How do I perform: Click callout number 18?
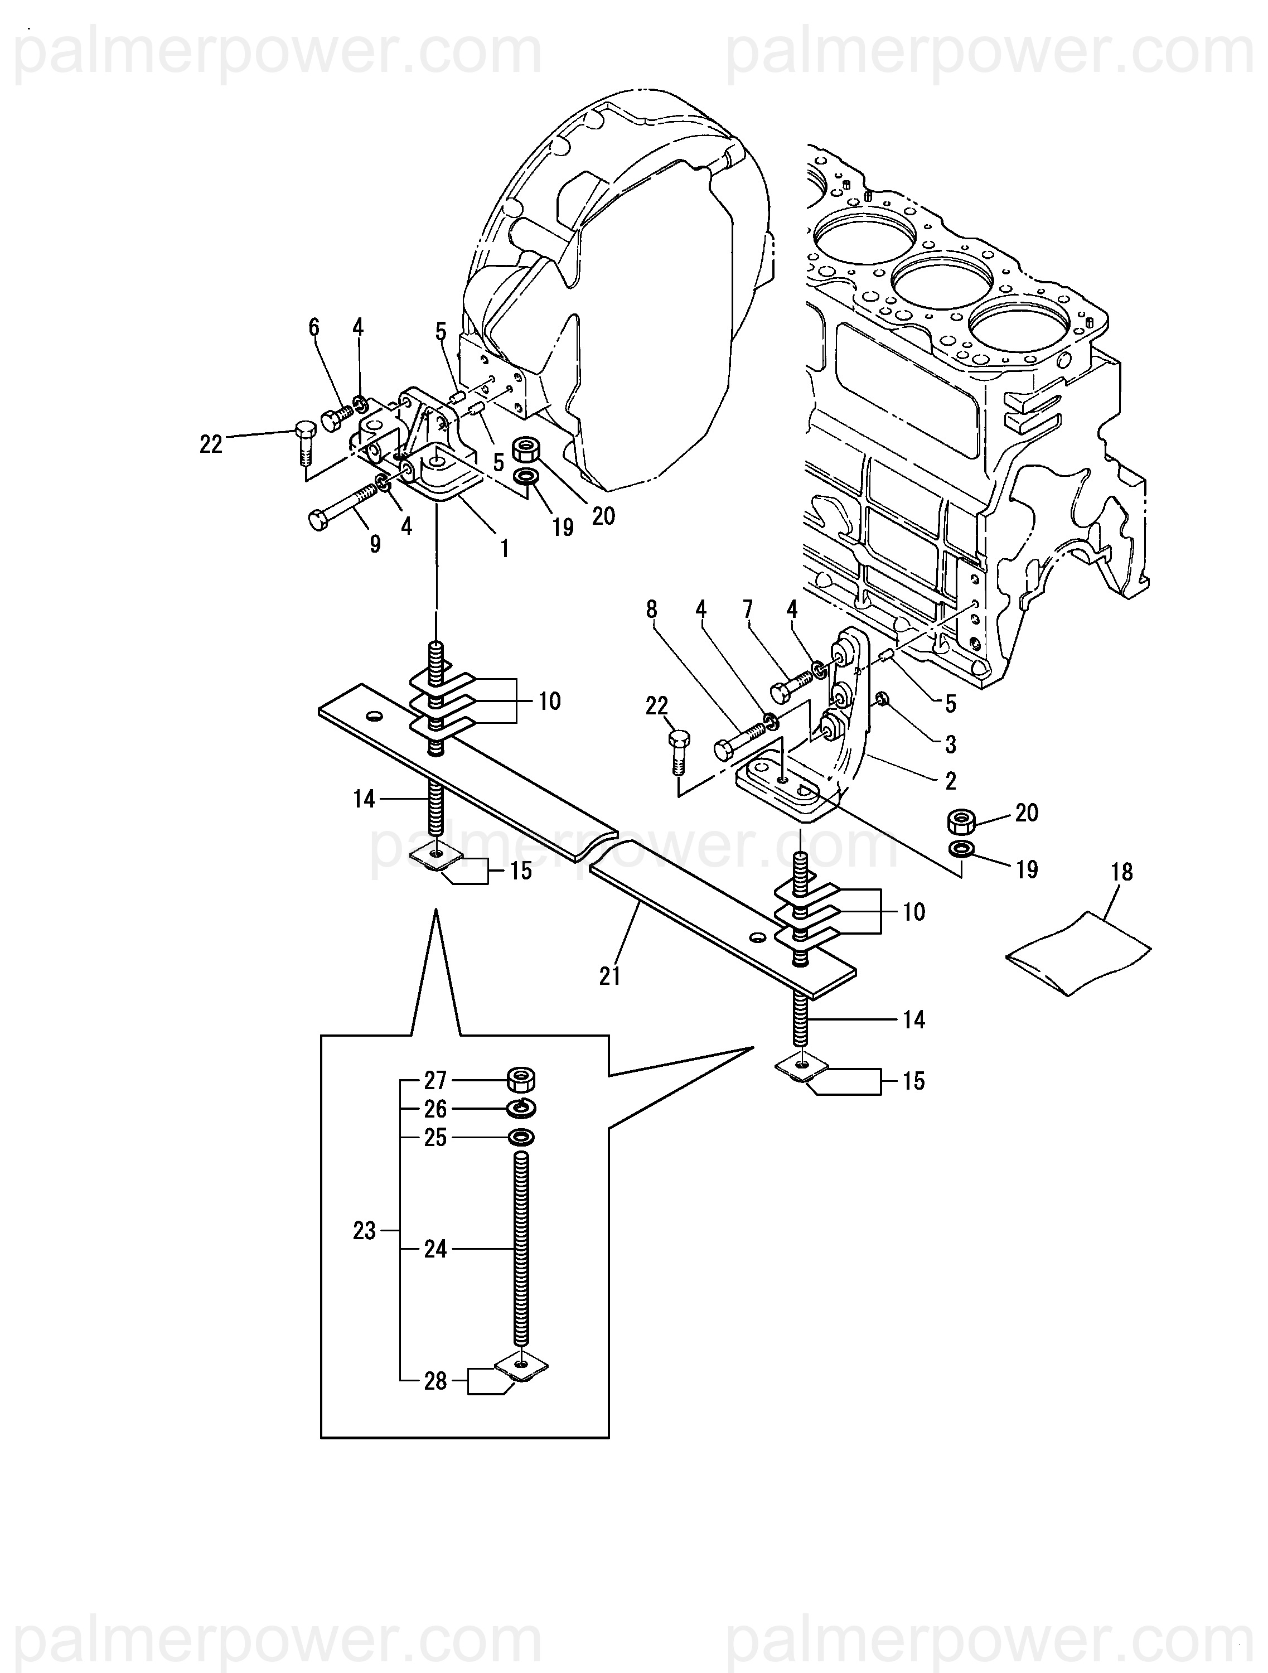(1121, 873)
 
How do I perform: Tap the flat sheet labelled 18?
(1078, 954)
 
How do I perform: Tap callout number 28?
(435, 1381)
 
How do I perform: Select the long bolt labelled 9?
(342, 507)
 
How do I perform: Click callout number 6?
(314, 327)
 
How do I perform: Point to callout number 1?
(504, 548)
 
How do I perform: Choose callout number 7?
(748, 609)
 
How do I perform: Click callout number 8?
(652, 609)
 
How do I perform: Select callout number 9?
(375, 544)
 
